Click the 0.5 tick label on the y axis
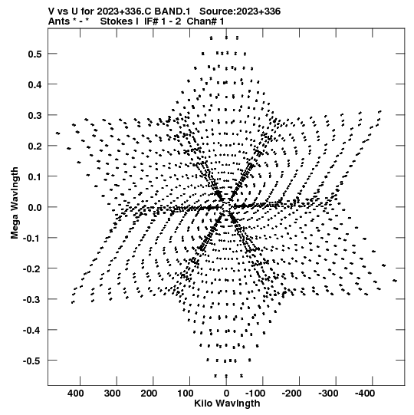pyautogui.click(x=35, y=54)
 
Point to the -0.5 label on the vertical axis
pyautogui.click(x=32, y=361)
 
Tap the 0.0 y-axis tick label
pyautogui.click(x=35, y=207)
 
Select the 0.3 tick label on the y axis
pyautogui.click(x=35, y=115)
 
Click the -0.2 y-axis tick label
pyautogui.click(x=32, y=269)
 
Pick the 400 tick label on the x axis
pyautogui.click(x=76, y=394)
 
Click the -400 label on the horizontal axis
pyautogui.click(x=365, y=394)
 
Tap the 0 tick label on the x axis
pyautogui.click(x=226, y=394)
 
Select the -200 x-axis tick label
pyautogui.click(x=292, y=394)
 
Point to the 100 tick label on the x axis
pyautogui.click(x=186, y=394)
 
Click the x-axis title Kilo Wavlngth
pyautogui.click(x=227, y=403)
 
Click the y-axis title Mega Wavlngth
pyautogui.click(x=15, y=203)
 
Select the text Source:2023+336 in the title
pyautogui.click(x=240, y=12)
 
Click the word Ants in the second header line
pyautogui.click(x=59, y=21)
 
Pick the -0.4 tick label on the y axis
pyautogui.click(x=32, y=331)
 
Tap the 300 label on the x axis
pyautogui.click(x=112, y=394)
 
